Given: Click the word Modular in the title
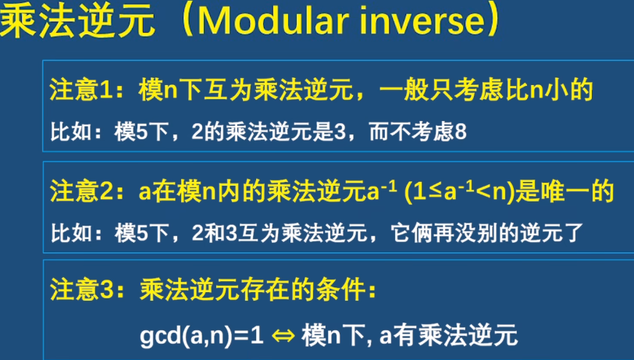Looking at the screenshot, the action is coord(274,20).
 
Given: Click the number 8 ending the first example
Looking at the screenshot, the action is coord(461,132).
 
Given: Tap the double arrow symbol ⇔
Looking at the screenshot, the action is coord(283,336).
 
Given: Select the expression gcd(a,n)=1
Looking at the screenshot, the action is coord(201,336).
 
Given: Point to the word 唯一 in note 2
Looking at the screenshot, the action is coord(565,191).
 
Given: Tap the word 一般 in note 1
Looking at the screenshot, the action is coord(404,90).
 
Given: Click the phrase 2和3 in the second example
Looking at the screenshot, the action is coord(214,233).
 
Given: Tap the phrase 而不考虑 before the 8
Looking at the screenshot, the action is coord(411,132).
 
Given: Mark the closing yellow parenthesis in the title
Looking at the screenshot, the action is coord(494,21).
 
